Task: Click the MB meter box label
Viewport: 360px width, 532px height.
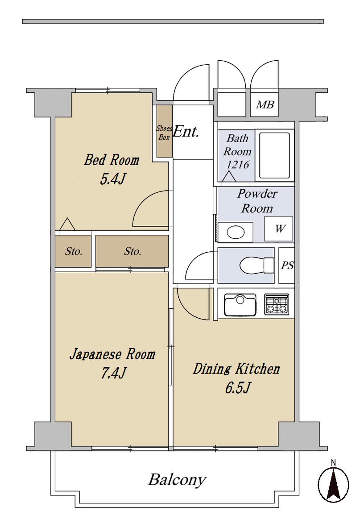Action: (265, 104)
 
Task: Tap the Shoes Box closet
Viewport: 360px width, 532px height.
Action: (164, 131)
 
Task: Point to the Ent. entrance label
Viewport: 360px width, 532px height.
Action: (186, 132)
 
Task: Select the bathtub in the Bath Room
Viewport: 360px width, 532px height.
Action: (275, 156)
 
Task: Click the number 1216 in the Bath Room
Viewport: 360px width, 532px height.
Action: (238, 165)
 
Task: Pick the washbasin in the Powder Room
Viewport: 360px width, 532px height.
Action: (235, 233)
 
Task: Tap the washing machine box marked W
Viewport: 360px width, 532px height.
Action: (279, 229)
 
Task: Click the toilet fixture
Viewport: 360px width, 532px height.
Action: (257, 265)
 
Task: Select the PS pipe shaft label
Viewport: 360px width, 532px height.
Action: (287, 265)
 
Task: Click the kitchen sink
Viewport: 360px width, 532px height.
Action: (240, 305)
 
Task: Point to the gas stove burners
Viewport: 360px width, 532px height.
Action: (277, 304)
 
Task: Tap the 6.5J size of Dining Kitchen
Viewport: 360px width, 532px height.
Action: (238, 387)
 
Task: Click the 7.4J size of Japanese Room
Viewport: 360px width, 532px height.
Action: (113, 373)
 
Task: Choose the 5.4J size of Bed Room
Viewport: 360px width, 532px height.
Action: (112, 179)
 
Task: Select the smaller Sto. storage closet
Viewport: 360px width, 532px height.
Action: (73, 251)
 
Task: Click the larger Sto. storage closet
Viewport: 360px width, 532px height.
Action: (132, 251)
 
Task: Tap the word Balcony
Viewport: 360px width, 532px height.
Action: (177, 480)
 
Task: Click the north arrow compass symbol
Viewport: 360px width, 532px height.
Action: (333, 483)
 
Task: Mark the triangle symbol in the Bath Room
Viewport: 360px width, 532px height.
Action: (230, 176)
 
